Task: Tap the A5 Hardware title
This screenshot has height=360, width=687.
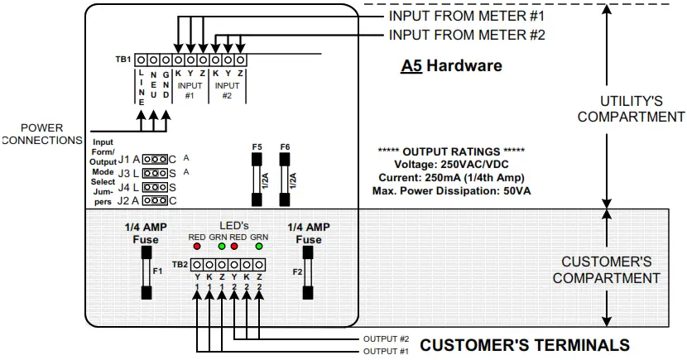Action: [x=451, y=65]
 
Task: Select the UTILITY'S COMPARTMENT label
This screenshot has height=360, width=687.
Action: [x=631, y=108]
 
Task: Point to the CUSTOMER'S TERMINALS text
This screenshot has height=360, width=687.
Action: [x=525, y=345]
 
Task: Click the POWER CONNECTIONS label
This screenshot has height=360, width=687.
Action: [x=41, y=134]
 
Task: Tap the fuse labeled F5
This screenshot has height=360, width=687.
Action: [x=257, y=178]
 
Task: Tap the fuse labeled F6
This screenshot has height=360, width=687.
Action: [x=285, y=178]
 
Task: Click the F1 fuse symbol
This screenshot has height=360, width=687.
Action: [x=147, y=271]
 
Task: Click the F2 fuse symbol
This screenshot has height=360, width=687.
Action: [x=309, y=271]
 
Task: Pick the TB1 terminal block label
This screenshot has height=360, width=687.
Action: [x=123, y=60]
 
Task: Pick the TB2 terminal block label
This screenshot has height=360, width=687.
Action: [x=180, y=265]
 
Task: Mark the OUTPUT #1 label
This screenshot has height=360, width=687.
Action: [x=386, y=352]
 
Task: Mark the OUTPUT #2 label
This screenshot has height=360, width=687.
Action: [x=386, y=339]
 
